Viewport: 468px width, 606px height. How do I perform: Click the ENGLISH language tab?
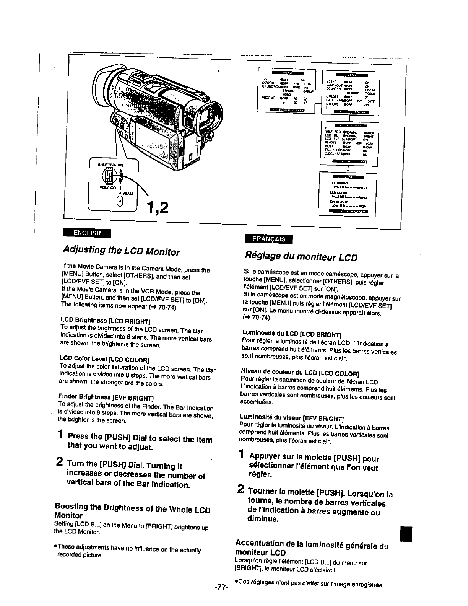(x=87, y=233)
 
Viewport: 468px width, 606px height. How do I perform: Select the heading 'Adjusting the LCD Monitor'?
(x=121, y=251)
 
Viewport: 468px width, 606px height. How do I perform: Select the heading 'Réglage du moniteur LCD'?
(x=301, y=256)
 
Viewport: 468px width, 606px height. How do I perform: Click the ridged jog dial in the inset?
(x=109, y=177)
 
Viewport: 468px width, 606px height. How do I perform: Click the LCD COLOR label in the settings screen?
(x=336, y=193)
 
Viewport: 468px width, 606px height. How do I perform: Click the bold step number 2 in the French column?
(x=240, y=489)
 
